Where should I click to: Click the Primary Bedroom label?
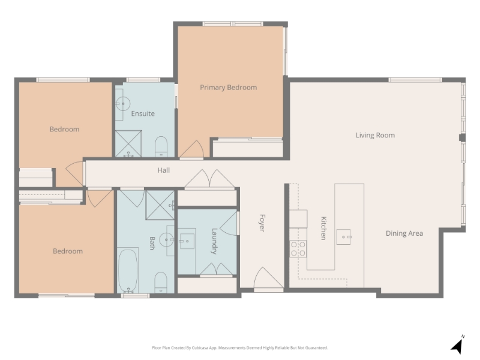[x=229, y=88]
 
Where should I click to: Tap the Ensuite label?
[x=143, y=113]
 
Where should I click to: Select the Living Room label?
[x=375, y=135]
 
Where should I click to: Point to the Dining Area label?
[x=404, y=233]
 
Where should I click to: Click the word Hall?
[x=163, y=170]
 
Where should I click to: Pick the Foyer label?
[x=262, y=223]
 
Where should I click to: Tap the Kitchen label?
[x=323, y=228]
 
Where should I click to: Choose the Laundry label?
[x=214, y=241]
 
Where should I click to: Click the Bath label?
[x=152, y=243]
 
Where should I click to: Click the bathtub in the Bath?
[x=128, y=271]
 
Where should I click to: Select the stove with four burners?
[x=298, y=248]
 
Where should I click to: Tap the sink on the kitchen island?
[x=344, y=237]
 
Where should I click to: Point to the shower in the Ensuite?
[x=128, y=143]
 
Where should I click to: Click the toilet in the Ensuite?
[x=161, y=146]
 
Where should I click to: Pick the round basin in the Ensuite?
[x=123, y=104]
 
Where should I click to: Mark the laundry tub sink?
[x=187, y=241]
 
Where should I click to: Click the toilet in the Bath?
[x=161, y=283]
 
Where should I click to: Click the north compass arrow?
[x=458, y=345]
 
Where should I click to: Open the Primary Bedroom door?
[x=191, y=149]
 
